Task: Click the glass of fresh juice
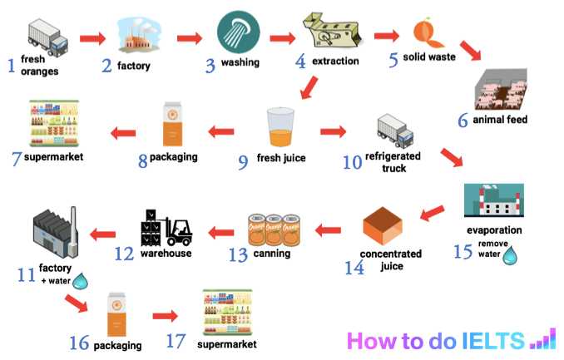click(x=278, y=129)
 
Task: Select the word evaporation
click(x=494, y=230)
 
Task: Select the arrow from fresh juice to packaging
click(x=221, y=131)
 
